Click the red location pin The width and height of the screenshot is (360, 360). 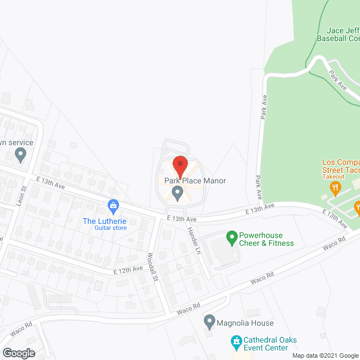tap(180, 165)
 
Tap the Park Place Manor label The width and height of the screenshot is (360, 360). tap(195, 181)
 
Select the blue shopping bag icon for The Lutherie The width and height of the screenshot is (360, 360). tap(113, 205)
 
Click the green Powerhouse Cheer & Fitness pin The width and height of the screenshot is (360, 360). tap(231, 238)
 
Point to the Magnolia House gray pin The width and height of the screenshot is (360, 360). tap(209, 322)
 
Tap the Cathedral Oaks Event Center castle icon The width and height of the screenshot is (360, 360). tap(236, 341)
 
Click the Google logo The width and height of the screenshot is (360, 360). tap(18, 353)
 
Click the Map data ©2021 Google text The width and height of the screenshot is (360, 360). tap(325, 355)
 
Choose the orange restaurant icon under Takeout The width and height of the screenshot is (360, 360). tap(336, 187)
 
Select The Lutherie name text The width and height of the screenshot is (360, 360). tap(105, 221)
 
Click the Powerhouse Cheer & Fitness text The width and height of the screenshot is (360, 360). tap(268, 239)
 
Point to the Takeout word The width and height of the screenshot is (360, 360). tap(334, 176)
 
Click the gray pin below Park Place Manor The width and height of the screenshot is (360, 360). tap(178, 194)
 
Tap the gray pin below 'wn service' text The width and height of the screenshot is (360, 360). tap(20, 154)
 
